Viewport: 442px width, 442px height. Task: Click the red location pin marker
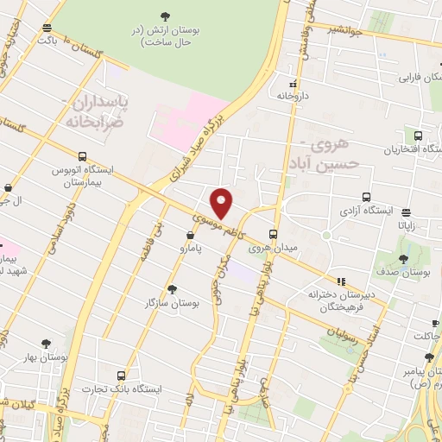[222, 203]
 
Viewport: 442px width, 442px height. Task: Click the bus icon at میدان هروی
[274, 233]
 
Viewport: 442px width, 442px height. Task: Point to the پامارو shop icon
[190, 234]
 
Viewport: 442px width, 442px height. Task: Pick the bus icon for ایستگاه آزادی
[367, 196]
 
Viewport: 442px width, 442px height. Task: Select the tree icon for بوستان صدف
[404, 258]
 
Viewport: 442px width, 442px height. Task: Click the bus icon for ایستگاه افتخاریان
[419, 136]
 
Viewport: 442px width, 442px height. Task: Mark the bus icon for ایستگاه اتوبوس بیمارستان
[82, 156]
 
